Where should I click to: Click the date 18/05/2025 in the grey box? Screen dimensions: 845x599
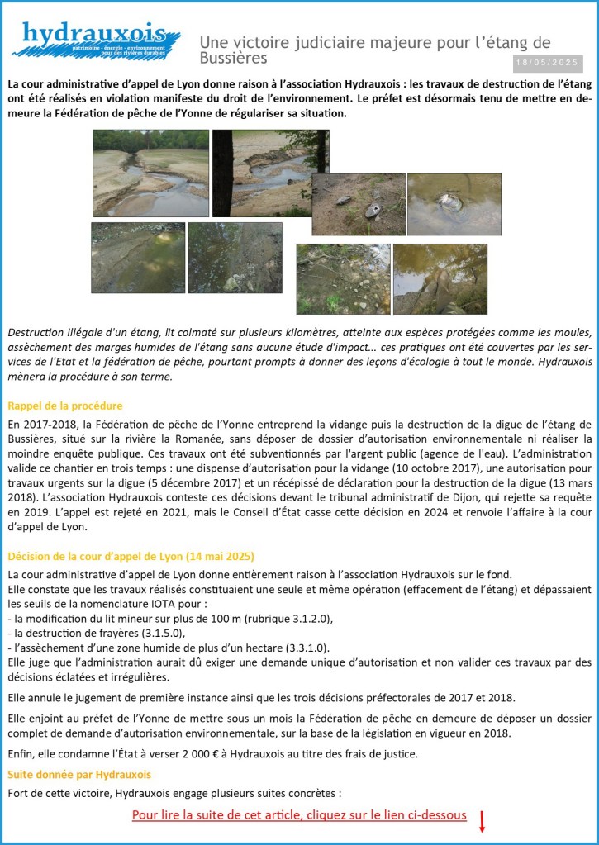point(548,63)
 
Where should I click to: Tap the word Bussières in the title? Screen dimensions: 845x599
point(234,59)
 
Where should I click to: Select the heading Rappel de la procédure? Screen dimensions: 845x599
point(64,406)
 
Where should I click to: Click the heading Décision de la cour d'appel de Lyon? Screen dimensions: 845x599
point(131,555)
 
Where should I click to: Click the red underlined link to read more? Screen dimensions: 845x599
point(299,815)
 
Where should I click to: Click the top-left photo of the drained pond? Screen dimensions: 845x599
point(150,173)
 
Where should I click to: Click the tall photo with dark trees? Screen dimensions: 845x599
point(270,173)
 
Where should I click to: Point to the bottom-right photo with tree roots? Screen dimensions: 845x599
point(440,279)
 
